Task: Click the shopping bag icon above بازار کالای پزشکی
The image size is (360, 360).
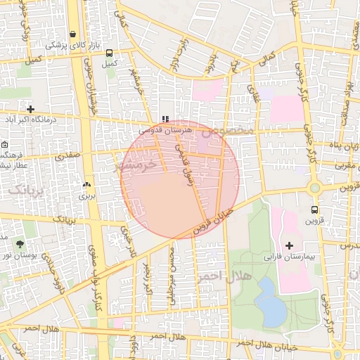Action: [73, 34]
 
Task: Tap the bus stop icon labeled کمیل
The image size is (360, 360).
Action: [109, 53]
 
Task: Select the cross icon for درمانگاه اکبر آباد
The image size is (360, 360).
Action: [30, 109]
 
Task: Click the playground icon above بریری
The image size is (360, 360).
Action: [86, 185]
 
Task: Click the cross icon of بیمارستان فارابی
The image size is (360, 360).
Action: [290, 245]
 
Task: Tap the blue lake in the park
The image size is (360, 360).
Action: [270, 301]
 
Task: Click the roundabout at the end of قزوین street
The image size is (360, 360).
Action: [314, 188]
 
